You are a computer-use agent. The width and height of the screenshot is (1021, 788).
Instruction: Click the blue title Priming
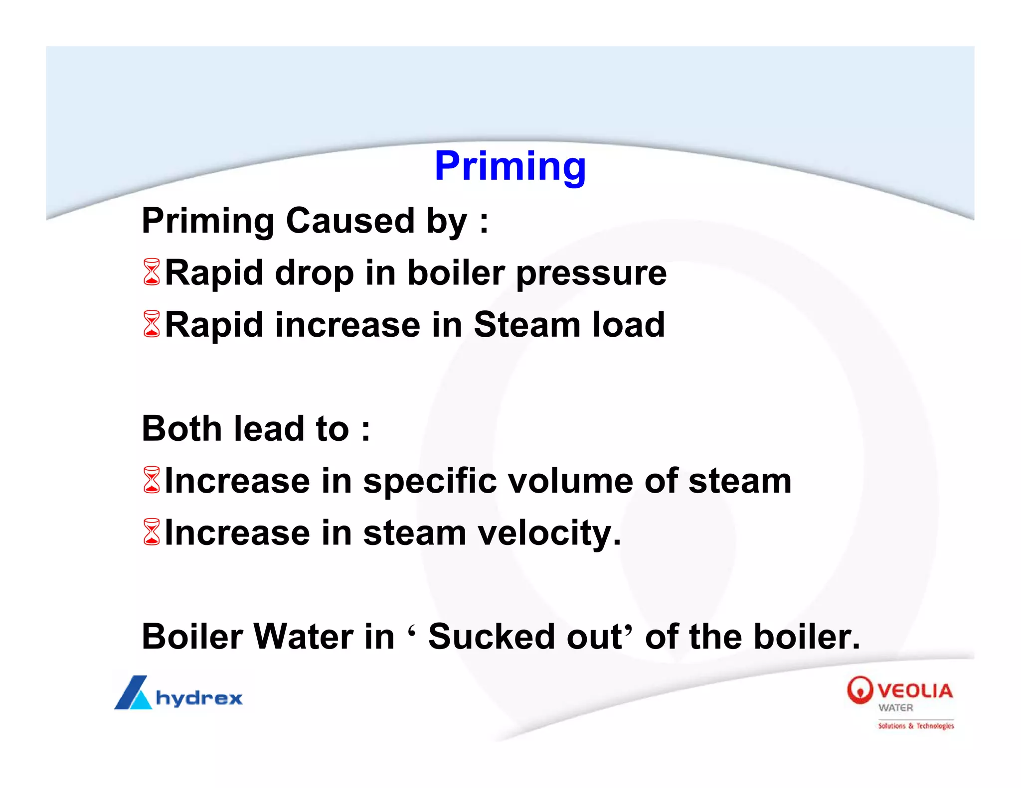(510, 167)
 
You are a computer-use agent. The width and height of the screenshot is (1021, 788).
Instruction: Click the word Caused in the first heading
(350, 221)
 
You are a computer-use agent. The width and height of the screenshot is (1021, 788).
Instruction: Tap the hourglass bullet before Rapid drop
(152, 272)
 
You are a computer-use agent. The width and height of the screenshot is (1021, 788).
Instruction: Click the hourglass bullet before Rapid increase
(152, 324)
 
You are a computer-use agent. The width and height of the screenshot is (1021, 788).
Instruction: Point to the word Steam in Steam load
(527, 325)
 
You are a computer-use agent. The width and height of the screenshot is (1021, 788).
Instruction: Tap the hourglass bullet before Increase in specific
(152, 480)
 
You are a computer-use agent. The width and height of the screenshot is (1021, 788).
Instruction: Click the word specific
(430, 482)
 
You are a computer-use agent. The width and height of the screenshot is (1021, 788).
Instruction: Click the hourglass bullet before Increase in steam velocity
(152, 532)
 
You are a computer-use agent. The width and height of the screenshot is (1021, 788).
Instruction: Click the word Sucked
(491, 637)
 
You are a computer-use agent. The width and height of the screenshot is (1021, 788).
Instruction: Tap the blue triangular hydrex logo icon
(133, 693)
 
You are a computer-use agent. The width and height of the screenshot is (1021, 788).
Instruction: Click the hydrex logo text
(199, 698)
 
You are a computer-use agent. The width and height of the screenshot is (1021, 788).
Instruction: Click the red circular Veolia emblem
(859, 690)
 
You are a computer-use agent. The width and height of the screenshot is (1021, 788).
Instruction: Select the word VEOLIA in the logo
(915, 691)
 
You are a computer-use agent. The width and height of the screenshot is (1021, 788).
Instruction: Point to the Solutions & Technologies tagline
(916, 726)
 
